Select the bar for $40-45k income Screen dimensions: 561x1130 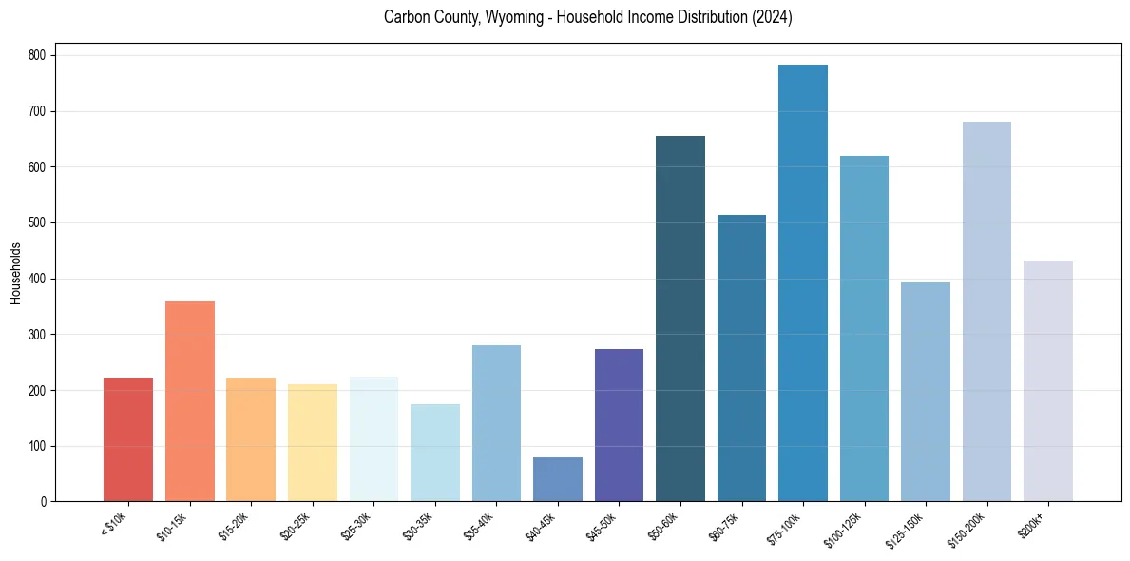click(x=558, y=479)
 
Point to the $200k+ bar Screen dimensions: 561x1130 click(x=1048, y=380)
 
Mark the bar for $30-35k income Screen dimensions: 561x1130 click(x=435, y=453)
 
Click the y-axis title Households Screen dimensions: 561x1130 click(x=15, y=273)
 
